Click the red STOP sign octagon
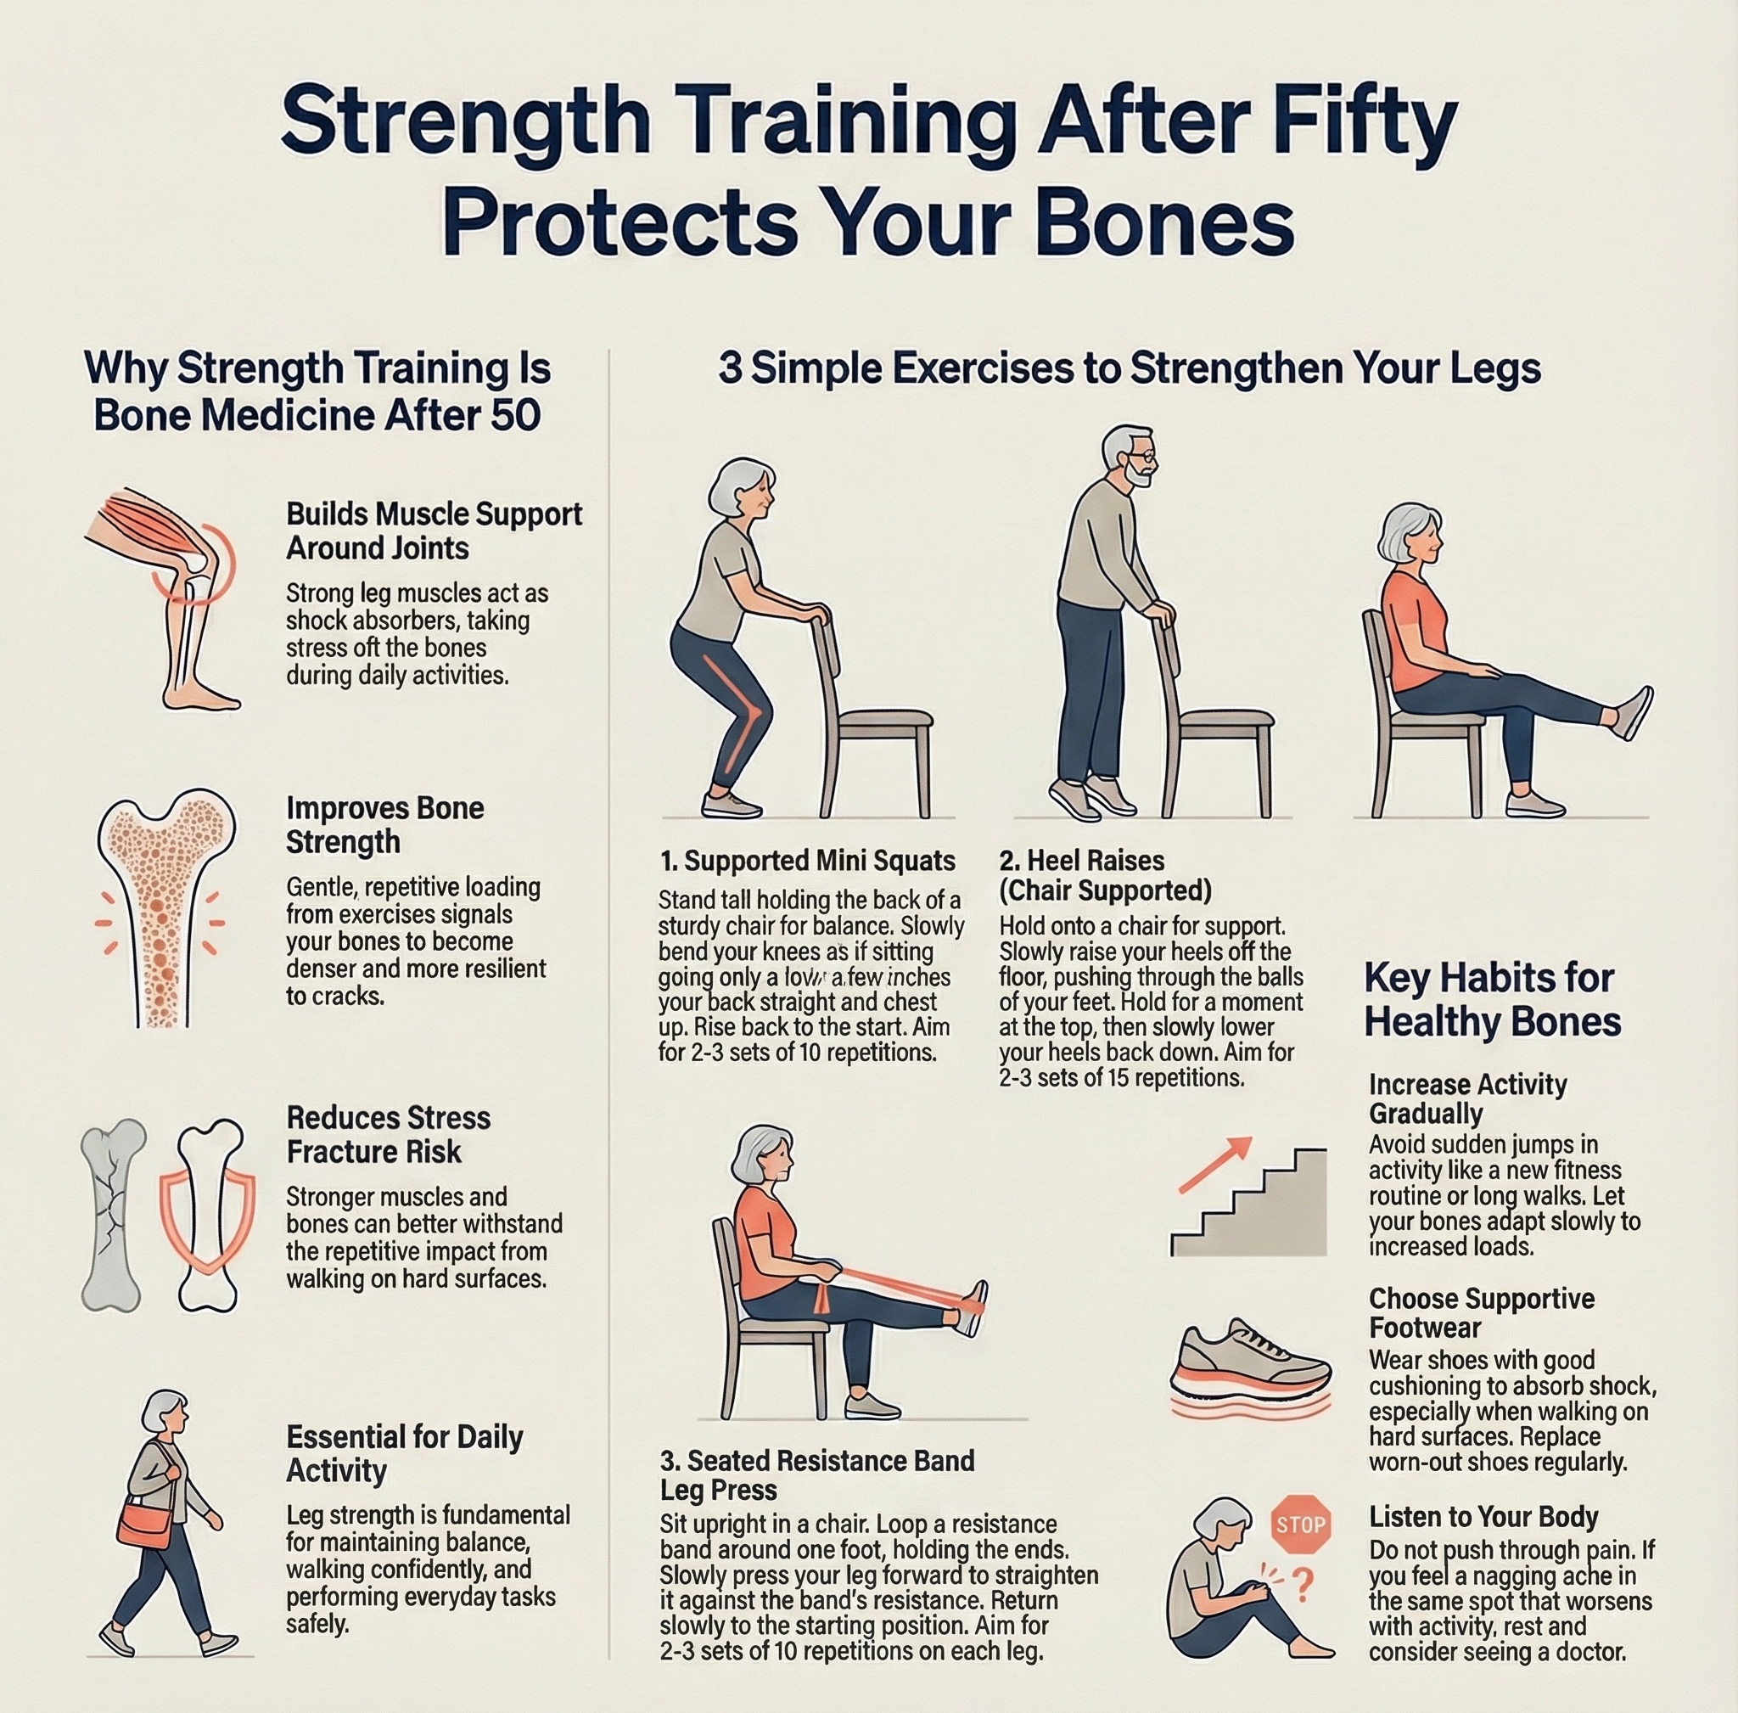(x=1301, y=1524)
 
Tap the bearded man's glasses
(x=1141, y=459)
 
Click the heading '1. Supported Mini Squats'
(x=807, y=861)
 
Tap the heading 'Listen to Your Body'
(x=1483, y=1517)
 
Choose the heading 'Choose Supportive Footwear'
(x=1481, y=1312)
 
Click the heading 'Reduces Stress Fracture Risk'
(x=388, y=1135)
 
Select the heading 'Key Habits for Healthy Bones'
(x=1492, y=1000)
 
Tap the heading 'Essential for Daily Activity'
(x=404, y=1453)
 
